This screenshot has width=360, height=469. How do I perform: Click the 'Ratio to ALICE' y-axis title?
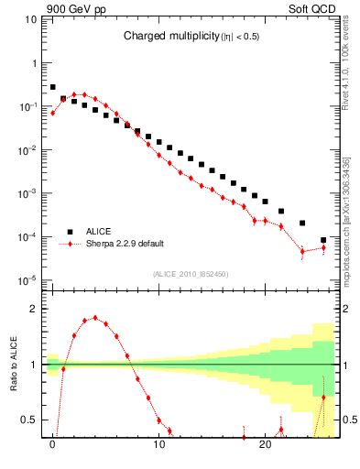pyautogui.click(x=13, y=365)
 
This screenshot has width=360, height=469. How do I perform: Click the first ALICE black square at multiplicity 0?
pyautogui.click(x=53, y=87)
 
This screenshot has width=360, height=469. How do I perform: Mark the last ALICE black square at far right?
pyautogui.click(x=323, y=240)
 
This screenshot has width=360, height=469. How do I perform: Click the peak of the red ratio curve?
pyautogui.click(x=95, y=318)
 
